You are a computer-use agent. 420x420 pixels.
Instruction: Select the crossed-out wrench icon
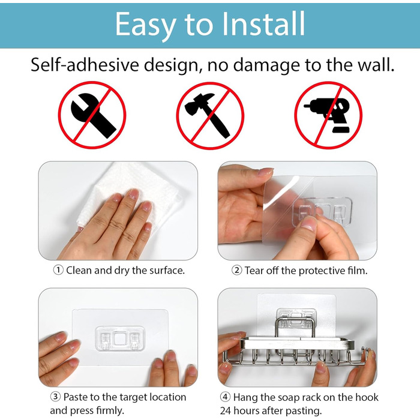pos(92,115)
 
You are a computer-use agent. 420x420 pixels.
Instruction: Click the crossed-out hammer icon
pos(210,115)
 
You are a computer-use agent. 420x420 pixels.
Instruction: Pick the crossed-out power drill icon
pos(328,115)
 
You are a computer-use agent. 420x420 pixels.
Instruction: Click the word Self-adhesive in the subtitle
pos(85,65)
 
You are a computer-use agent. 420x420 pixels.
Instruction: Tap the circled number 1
pos(58,270)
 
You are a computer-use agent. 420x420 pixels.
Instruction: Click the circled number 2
pos(237,270)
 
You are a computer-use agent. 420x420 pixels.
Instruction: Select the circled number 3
pos(55,397)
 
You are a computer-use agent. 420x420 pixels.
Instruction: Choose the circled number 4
pos(225,397)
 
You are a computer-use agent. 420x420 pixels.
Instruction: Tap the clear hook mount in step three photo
pos(120,338)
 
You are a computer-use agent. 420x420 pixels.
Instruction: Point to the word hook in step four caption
pos(367,397)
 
